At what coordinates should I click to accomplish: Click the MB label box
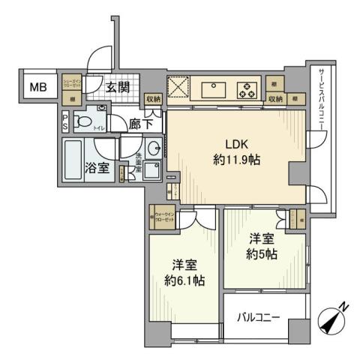38,87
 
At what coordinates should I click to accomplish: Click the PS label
65,121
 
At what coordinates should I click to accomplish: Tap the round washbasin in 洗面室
152,148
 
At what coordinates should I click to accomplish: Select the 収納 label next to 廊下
154,98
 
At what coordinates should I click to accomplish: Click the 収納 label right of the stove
275,98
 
